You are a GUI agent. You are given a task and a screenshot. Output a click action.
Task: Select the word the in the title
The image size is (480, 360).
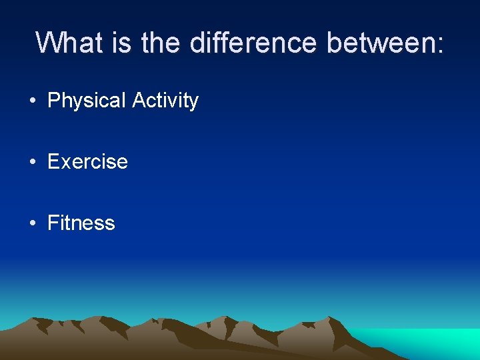(161, 43)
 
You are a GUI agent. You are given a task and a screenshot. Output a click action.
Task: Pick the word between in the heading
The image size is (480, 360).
(379, 43)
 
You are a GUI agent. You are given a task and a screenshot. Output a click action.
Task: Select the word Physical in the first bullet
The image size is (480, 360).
(87, 101)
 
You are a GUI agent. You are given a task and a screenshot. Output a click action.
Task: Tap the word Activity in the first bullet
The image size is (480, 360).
(165, 101)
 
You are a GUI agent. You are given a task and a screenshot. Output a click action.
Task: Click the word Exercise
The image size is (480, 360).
(87, 161)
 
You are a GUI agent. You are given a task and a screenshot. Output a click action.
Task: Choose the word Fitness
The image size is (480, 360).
(81, 223)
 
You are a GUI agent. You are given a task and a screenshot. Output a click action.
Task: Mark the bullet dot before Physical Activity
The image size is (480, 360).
(33, 101)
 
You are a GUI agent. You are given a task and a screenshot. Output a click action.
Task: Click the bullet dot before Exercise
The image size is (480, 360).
(33, 162)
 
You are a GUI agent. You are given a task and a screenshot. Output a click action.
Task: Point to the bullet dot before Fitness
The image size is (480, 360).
(33, 223)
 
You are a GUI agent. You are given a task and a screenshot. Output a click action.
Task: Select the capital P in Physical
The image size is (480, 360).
(54, 101)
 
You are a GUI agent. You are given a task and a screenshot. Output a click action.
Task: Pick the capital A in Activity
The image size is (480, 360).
(139, 100)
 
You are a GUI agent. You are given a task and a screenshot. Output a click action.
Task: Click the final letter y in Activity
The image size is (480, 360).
(193, 103)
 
